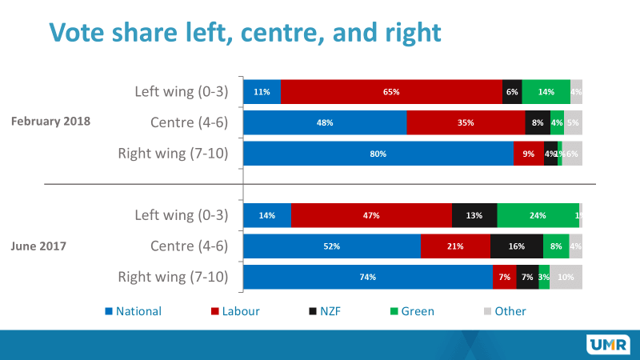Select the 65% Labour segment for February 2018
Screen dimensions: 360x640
coord(391,92)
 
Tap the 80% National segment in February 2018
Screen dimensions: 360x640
coord(378,154)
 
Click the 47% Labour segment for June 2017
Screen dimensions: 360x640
coord(371,215)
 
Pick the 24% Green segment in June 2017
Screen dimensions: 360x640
coord(537,215)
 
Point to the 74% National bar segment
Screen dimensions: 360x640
coord(367,277)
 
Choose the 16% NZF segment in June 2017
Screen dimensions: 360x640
coord(517,246)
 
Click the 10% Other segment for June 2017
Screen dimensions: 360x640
coord(566,277)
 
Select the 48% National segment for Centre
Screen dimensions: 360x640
coord(325,123)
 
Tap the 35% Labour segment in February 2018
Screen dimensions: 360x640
coord(466,123)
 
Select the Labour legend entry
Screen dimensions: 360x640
coord(235,311)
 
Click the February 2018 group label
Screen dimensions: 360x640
coord(50,122)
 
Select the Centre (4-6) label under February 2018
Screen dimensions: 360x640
coord(190,122)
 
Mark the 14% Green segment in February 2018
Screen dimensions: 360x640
coord(546,92)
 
